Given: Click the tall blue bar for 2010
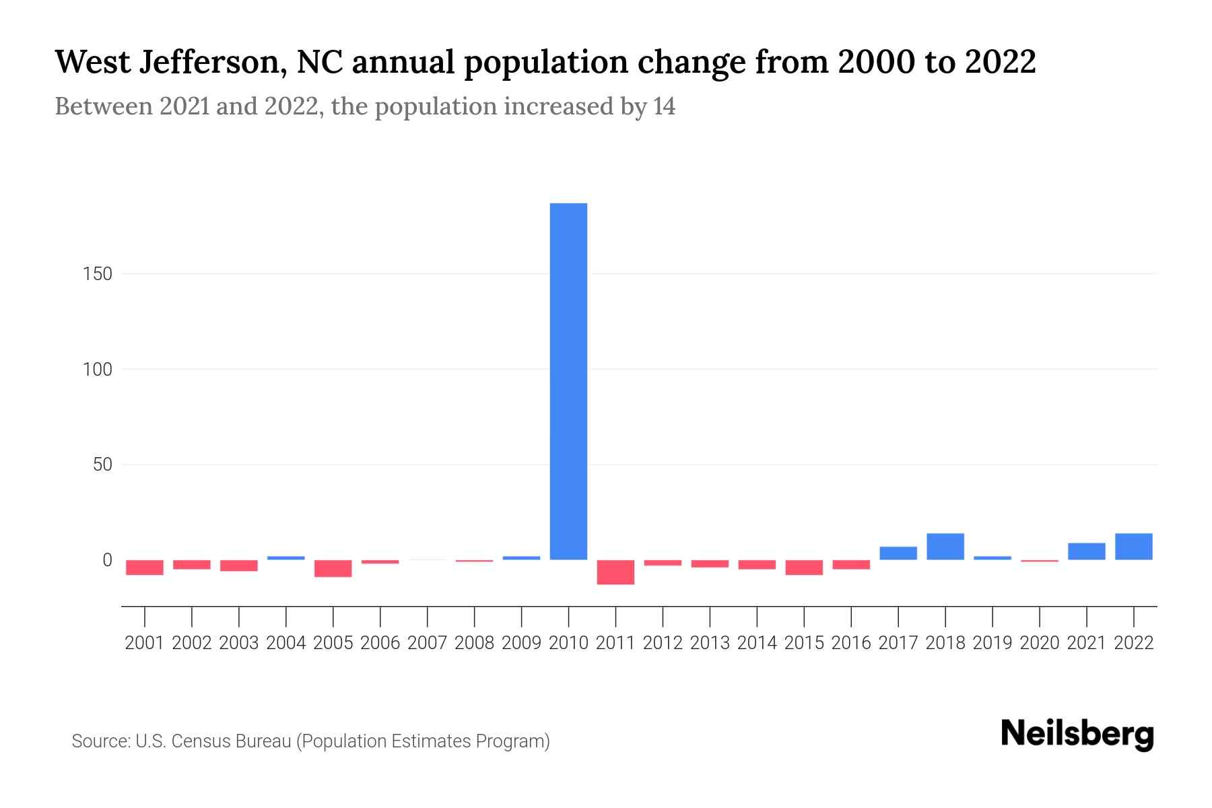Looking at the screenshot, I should [568, 381].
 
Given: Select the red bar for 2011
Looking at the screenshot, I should [615, 572].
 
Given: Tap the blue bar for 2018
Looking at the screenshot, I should [945, 546].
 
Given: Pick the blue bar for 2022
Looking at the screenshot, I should [1134, 546].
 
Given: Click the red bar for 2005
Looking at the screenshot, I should [333, 568].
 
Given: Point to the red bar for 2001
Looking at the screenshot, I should [145, 567].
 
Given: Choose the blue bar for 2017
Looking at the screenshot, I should [898, 553].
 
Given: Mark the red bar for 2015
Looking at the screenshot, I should [804, 567].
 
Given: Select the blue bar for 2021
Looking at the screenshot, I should [1087, 551].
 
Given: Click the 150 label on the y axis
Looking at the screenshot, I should [98, 274].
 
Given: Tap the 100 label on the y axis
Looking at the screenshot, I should [98, 370].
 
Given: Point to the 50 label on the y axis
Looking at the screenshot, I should [102, 465].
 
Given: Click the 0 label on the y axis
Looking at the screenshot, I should [107, 560].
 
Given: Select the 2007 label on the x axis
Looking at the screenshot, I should [428, 643].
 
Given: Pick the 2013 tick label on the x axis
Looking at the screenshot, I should [710, 643].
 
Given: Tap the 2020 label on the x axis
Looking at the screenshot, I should [1040, 643].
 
